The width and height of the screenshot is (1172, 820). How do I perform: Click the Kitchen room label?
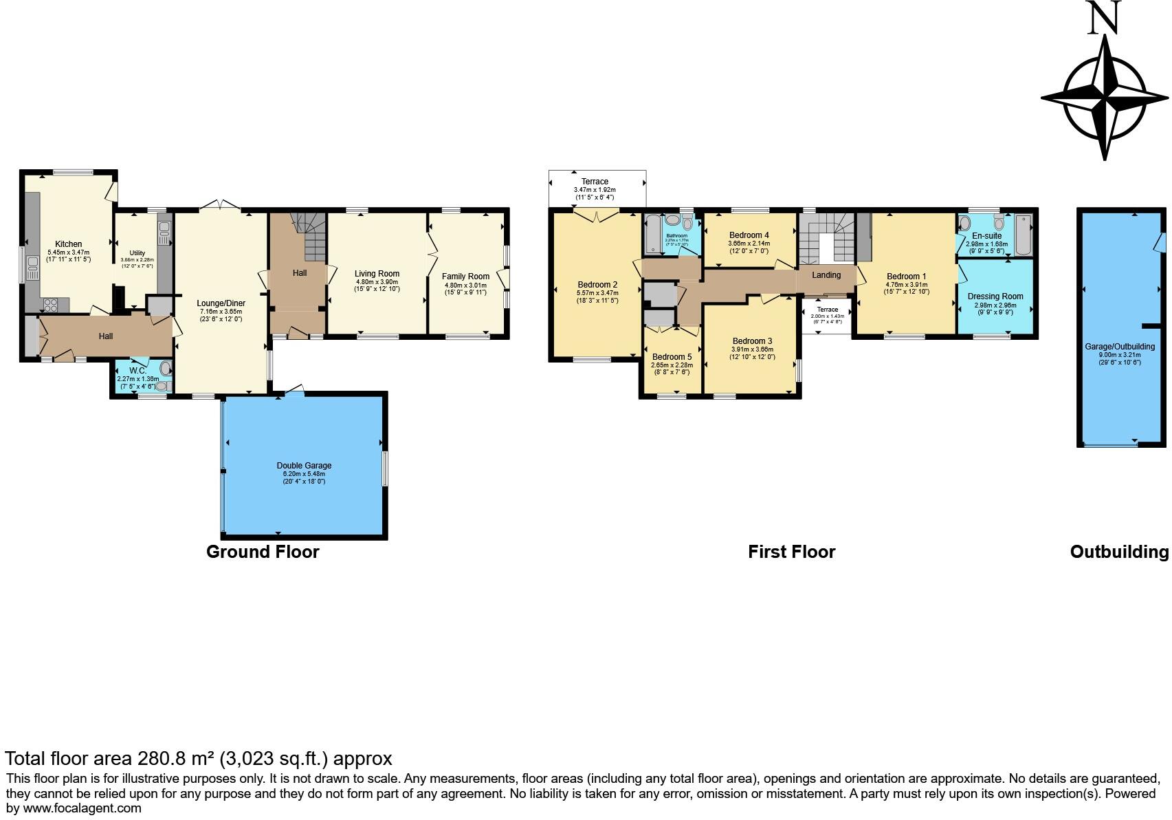pyautogui.click(x=69, y=244)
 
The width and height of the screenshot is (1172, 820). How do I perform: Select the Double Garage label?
pyautogui.click(x=304, y=466)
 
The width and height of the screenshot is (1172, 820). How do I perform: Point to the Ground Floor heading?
pyautogui.click(x=263, y=552)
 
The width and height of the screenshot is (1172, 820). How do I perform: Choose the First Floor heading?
pyautogui.click(x=791, y=552)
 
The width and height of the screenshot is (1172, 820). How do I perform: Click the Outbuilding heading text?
pyautogui.click(x=1118, y=552)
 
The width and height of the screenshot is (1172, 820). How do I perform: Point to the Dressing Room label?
pyautogui.click(x=995, y=296)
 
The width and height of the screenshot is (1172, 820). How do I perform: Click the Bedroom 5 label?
pyautogui.click(x=672, y=357)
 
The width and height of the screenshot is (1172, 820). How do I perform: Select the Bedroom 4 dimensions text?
pyautogui.click(x=749, y=247)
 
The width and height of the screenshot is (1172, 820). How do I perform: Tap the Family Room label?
pyautogui.click(x=465, y=277)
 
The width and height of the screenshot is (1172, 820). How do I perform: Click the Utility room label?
pyautogui.click(x=137, y=253)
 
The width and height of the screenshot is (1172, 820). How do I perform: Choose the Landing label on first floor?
pyautogui.click(x=826, y=275)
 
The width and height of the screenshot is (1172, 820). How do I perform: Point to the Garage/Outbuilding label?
pyautogui.click(x=1119, y=347)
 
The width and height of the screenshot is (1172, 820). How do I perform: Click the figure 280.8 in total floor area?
pyautogui.click(x=162, y=759)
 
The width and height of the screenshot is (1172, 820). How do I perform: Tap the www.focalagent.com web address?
pyautogui.click(x=82, y=808)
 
